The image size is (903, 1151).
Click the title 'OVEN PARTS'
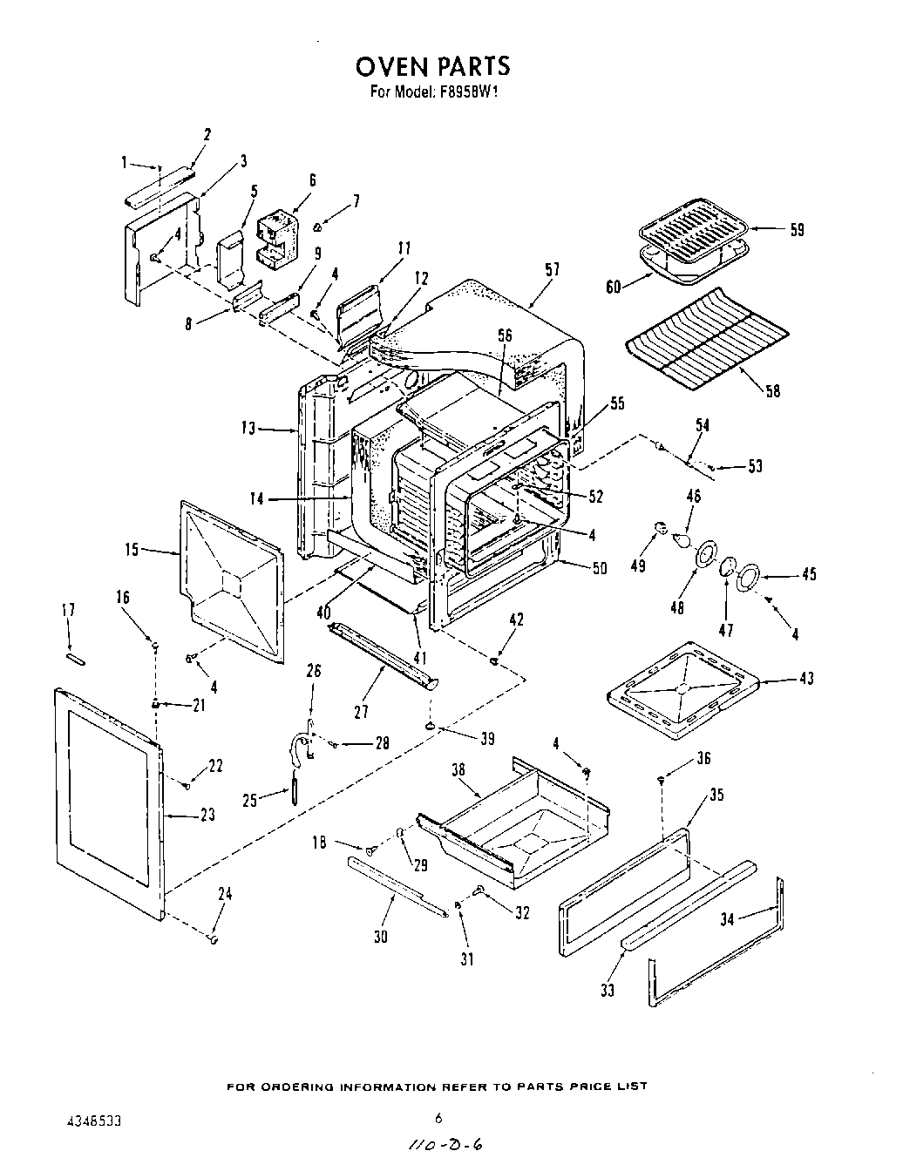pyautogui.click(x=432, y=66)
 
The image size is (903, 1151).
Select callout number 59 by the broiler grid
pyautogui.click(x=797, y=230)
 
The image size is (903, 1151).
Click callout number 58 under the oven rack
pyautogui.click(x=771, y=391)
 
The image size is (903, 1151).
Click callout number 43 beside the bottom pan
pyautogui.click(x=806, y=679)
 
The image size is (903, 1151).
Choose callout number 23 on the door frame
pyautogui.click(x=207, y=816)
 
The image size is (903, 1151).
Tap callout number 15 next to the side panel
pyautogui.click(x=131, y=550)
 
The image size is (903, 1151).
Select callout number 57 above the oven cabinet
pyautogui.click(x=551, y=271)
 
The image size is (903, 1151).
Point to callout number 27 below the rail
pyautogui.click(x=362, y=712)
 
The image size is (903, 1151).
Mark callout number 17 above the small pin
pyautogui.click(x=68, y=611)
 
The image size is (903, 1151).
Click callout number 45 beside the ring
pyautogui.click(x=810, y=574)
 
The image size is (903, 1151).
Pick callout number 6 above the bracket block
pyautogui.click(x=311, y=180)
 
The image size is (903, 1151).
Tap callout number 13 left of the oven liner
pyautogui.click(x=248, y=428)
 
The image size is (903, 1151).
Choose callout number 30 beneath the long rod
pyautogui.click(x=380, y=937)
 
